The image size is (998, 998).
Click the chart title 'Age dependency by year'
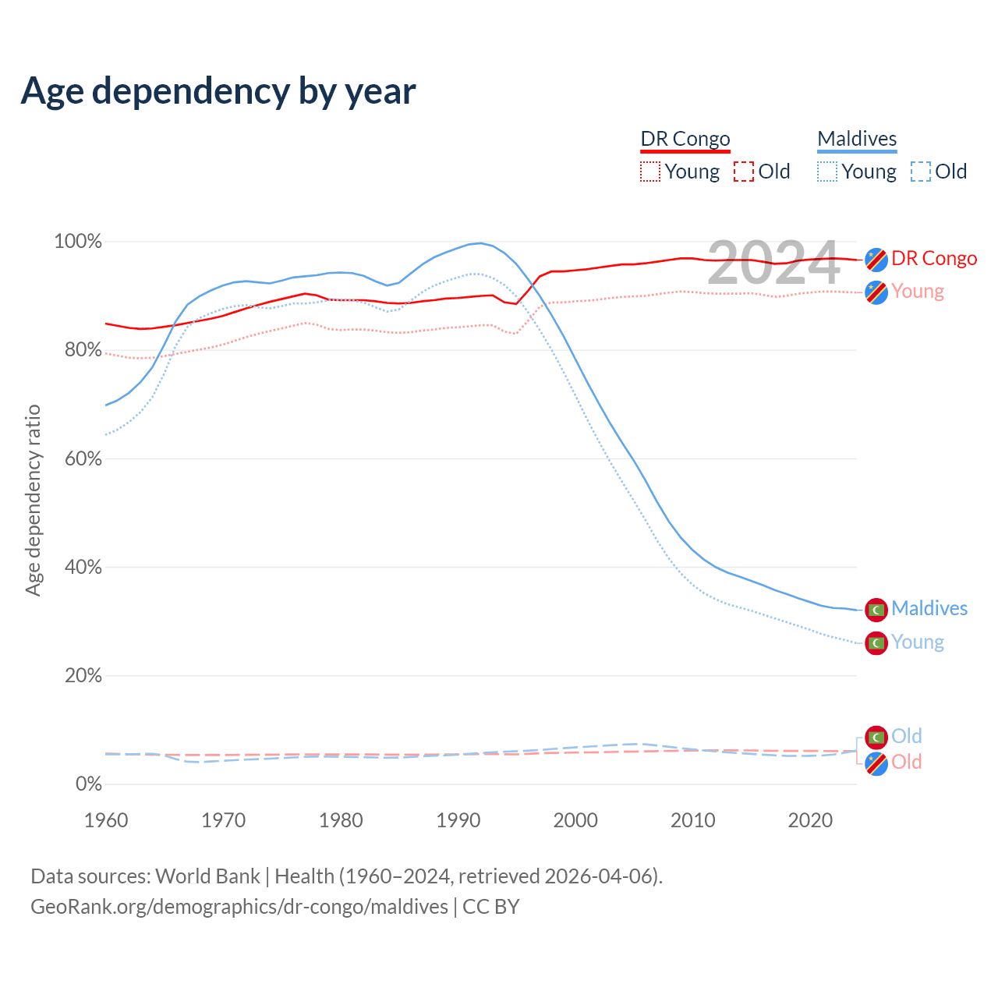218,91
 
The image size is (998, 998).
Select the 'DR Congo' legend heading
685,139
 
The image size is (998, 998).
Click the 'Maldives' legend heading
857,139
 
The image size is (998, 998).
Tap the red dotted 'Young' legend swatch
649,172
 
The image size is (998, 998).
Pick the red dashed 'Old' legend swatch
743,172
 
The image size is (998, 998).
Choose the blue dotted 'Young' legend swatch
827,172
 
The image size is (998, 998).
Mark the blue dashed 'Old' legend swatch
921,172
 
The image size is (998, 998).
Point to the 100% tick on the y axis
78,242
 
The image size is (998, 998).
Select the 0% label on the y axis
88,784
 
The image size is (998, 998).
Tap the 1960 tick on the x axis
106,820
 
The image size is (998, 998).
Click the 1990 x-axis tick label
458,820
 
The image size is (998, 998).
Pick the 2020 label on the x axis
810,820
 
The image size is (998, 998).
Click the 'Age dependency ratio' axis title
33,500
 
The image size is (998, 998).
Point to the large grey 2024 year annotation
773,264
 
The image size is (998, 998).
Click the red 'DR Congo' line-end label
934,258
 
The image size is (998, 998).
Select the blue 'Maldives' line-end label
929,608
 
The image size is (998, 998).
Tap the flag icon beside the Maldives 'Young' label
876,643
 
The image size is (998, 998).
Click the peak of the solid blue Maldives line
480,243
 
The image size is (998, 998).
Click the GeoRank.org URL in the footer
239,907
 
